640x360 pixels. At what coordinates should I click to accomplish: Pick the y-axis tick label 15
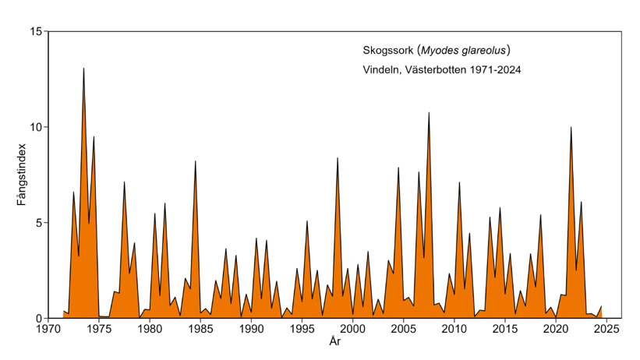click(35, 32)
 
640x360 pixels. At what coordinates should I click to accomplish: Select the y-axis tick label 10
click(35, 128)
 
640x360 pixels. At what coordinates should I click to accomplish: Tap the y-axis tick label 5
click(38, 223)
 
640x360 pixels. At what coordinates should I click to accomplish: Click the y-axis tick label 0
click(38, 319)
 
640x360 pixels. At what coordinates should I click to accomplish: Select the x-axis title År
click(334, 343)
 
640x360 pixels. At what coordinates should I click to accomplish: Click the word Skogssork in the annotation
click(387, 51)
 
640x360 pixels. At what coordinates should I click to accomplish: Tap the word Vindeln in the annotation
click(384, 70)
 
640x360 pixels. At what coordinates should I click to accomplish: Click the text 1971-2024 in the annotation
click(492, 70)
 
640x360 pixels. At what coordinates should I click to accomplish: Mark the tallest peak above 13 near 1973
click(83, 69)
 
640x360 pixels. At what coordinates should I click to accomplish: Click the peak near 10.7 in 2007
click(429, 113)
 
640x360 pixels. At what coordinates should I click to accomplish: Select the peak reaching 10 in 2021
click(571, 127)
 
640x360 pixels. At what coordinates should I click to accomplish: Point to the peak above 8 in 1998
click(338, 158)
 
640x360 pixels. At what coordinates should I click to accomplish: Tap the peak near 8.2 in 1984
click(195, 161)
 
